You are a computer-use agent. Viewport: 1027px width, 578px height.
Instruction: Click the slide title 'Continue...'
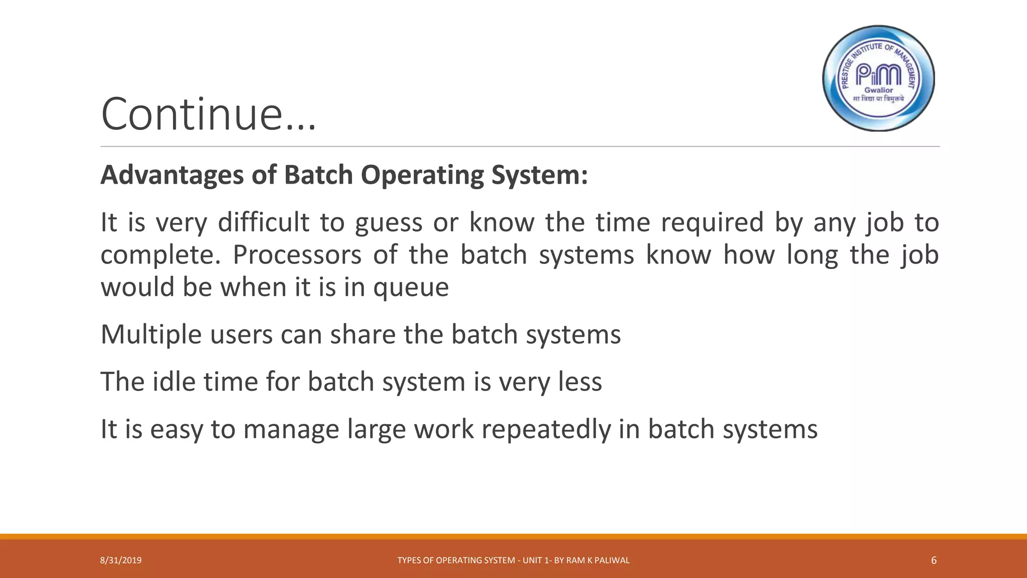pos(208,114)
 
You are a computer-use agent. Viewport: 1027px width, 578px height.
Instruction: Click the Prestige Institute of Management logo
pos(879,78)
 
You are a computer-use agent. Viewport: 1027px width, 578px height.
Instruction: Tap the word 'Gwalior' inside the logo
pos(879,90)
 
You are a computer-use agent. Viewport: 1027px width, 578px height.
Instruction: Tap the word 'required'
pos(712,222)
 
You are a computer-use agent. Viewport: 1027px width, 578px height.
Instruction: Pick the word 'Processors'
pos(297,255)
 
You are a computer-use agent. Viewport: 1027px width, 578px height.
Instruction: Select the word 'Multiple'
pos(151,335)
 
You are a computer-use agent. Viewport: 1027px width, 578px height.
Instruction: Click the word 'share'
pos(363,335)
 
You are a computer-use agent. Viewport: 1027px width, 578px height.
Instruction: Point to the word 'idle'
pos(174,382)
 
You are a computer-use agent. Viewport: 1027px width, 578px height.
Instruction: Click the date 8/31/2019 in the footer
pos(121,560)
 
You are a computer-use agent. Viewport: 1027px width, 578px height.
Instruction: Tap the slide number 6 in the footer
pos(933,560)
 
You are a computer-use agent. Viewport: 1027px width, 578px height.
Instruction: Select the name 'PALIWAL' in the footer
pos(613,560)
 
